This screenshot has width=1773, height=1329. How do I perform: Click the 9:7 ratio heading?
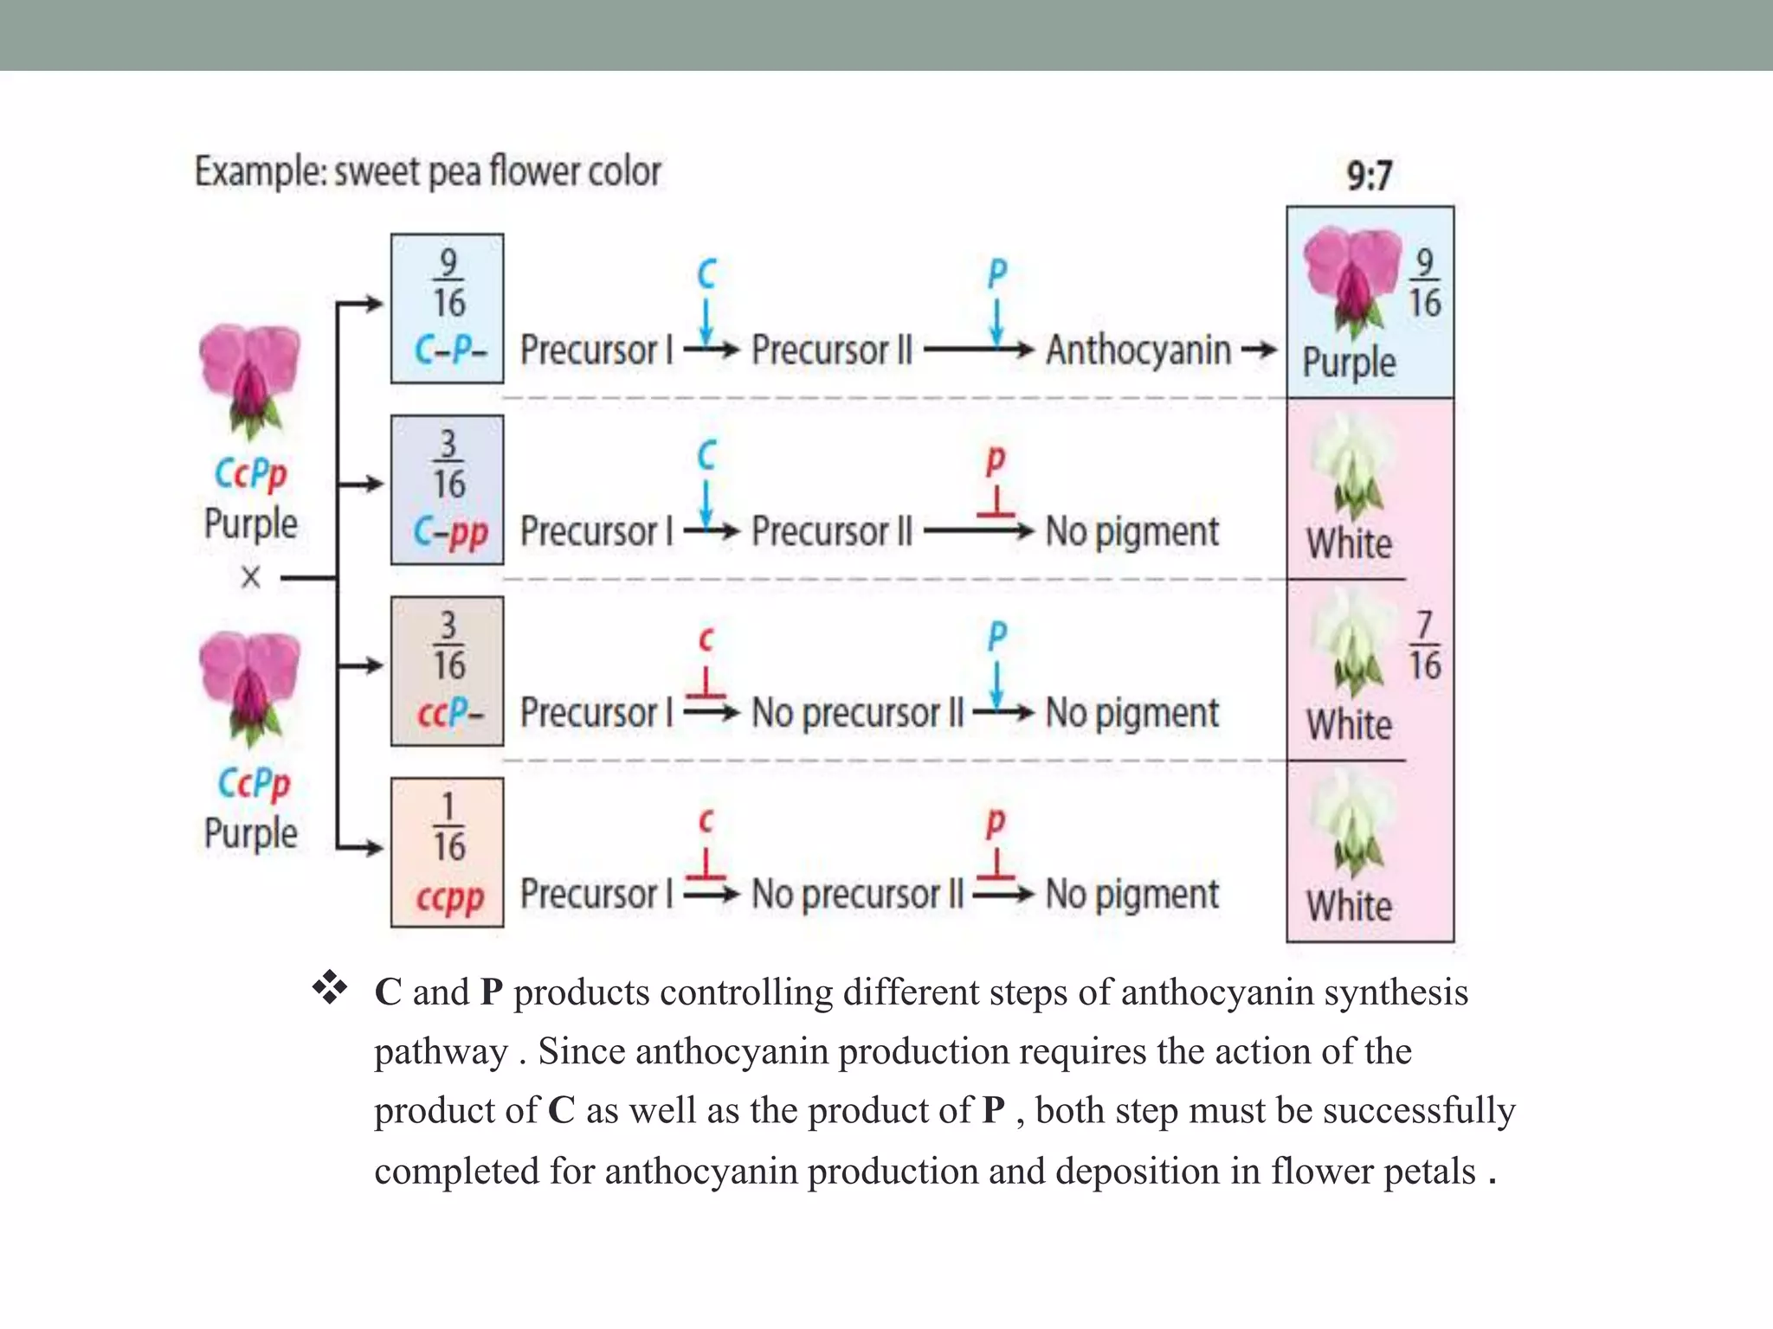pyautogui.click(x=1369, y=176)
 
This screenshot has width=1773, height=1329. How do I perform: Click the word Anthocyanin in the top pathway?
pyautogui.click(x=1138, y=350)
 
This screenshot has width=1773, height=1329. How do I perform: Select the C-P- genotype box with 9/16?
pyautogui.click(x=447, y=308)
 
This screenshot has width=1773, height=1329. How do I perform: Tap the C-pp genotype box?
pyautogui.click(x=447, y=490)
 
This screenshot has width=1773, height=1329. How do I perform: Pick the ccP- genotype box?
pyautogui.click(x=447, y=671)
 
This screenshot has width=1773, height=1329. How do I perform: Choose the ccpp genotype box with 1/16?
pyautogui.click(x=447, y=853)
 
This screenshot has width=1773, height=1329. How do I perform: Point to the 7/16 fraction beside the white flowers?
pyautogui.click(x=1424, y=645)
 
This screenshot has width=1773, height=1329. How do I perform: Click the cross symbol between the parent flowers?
pyautogui.click(x=251, y=577)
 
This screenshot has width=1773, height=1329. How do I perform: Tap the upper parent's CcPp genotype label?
pyautogui.click(x=250, y=474)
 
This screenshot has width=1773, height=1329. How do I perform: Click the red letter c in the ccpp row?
pyautogui.click(x=706, y=820)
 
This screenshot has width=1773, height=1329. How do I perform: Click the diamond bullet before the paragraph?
pyautogui.click(x=330, y=987)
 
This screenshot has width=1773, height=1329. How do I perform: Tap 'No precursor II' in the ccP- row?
pyautogui.click(x=857, y=714)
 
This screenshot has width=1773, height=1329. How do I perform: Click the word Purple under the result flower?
pyautogui.click(x=1349, y=362)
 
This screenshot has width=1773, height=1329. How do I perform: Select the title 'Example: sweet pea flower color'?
pyautogui.click(x=428, y=171)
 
